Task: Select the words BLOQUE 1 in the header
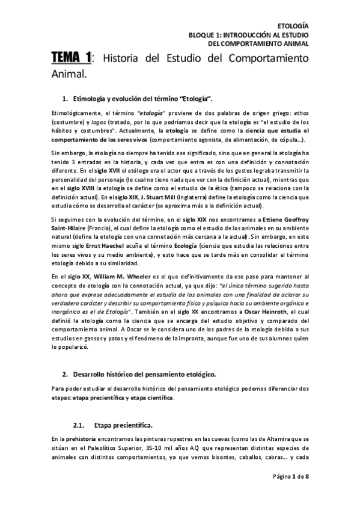tap(204, 35)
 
